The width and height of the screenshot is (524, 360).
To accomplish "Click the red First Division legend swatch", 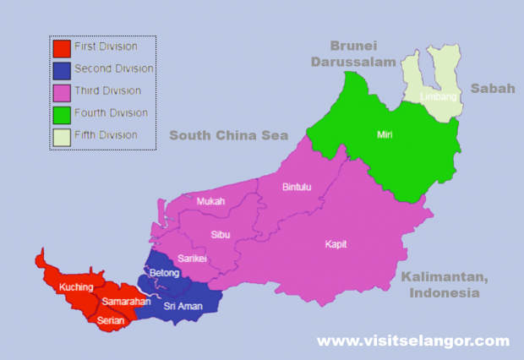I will point(61,47).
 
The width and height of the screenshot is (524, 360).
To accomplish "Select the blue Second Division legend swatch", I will point(61,69).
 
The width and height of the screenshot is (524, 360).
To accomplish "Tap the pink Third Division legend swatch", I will point(61,91).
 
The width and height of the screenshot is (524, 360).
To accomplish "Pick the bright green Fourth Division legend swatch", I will point(61,113).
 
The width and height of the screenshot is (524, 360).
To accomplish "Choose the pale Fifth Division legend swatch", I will point(61,135).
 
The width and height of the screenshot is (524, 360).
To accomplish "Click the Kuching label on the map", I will point(76,287).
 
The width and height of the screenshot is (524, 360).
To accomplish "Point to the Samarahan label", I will point(126,302).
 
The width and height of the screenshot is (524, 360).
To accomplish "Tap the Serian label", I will point(111,320).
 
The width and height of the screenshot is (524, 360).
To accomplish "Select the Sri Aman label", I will point(183,306).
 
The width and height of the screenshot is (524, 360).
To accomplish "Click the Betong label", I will point(164,274).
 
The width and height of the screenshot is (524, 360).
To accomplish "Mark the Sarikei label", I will point(194,259).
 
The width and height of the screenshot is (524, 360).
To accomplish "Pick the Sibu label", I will point(221,232).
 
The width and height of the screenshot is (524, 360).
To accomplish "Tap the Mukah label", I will point(211,201).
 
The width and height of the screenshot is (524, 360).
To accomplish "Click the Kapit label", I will point(336,244).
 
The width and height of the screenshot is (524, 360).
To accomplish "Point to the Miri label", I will point(385,134).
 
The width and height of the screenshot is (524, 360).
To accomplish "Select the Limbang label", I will point(439,97).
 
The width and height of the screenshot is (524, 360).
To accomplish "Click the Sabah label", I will point(492,89).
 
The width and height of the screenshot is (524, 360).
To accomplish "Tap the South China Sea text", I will point(228,135).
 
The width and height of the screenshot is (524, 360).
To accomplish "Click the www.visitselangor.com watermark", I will point(413,341).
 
